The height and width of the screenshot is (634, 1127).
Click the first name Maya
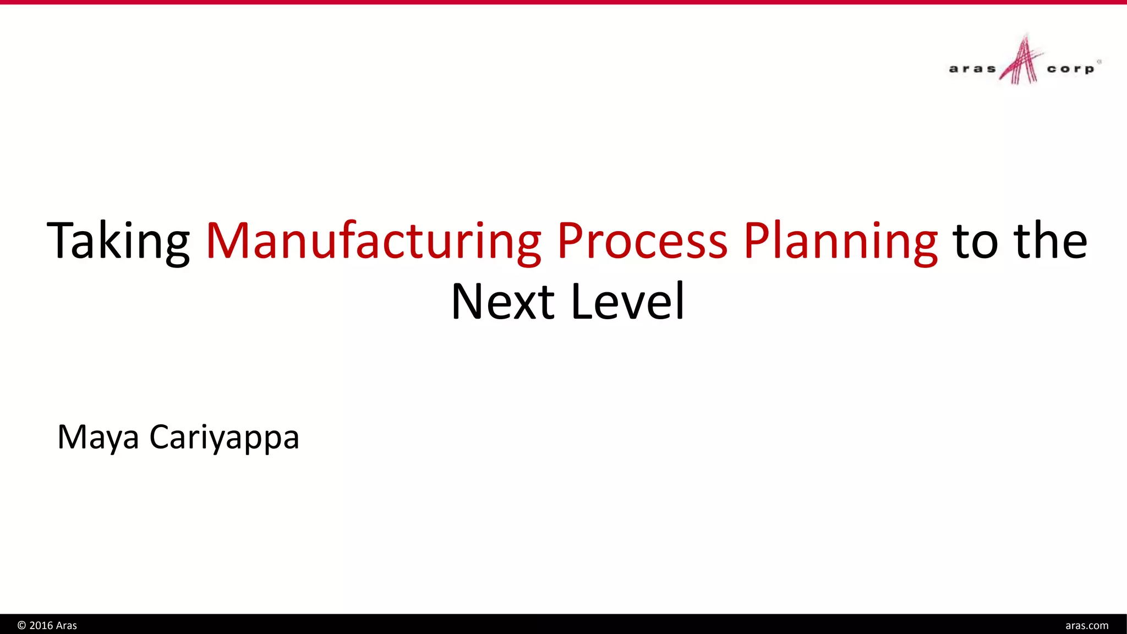(x=98, y=438)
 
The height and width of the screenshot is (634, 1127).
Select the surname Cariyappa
(x=224, y=438)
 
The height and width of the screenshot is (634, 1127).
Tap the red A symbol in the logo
(x=1021, y=61)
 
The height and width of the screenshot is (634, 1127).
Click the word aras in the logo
(x=972, y=69)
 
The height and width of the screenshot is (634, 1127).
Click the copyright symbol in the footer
(x=22, y=626)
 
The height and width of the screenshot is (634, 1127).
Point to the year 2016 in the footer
(x=41, y=626)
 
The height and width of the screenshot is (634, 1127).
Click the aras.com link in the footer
(x=1087, y=626)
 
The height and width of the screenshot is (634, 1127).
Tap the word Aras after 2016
(x=67, y=626)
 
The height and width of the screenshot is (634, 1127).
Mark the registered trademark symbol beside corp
(x=1099, y=62)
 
